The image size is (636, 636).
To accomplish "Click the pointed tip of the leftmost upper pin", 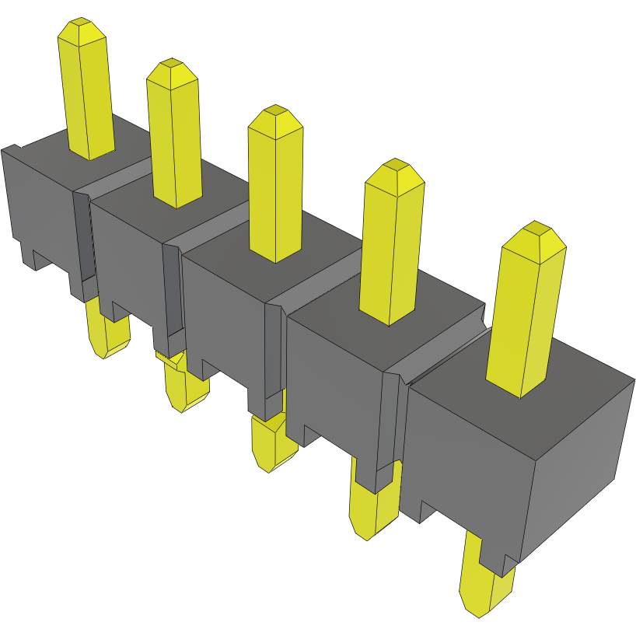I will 81,24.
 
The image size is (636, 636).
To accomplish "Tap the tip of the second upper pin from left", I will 171,65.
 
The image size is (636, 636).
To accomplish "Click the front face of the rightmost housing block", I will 467,467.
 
